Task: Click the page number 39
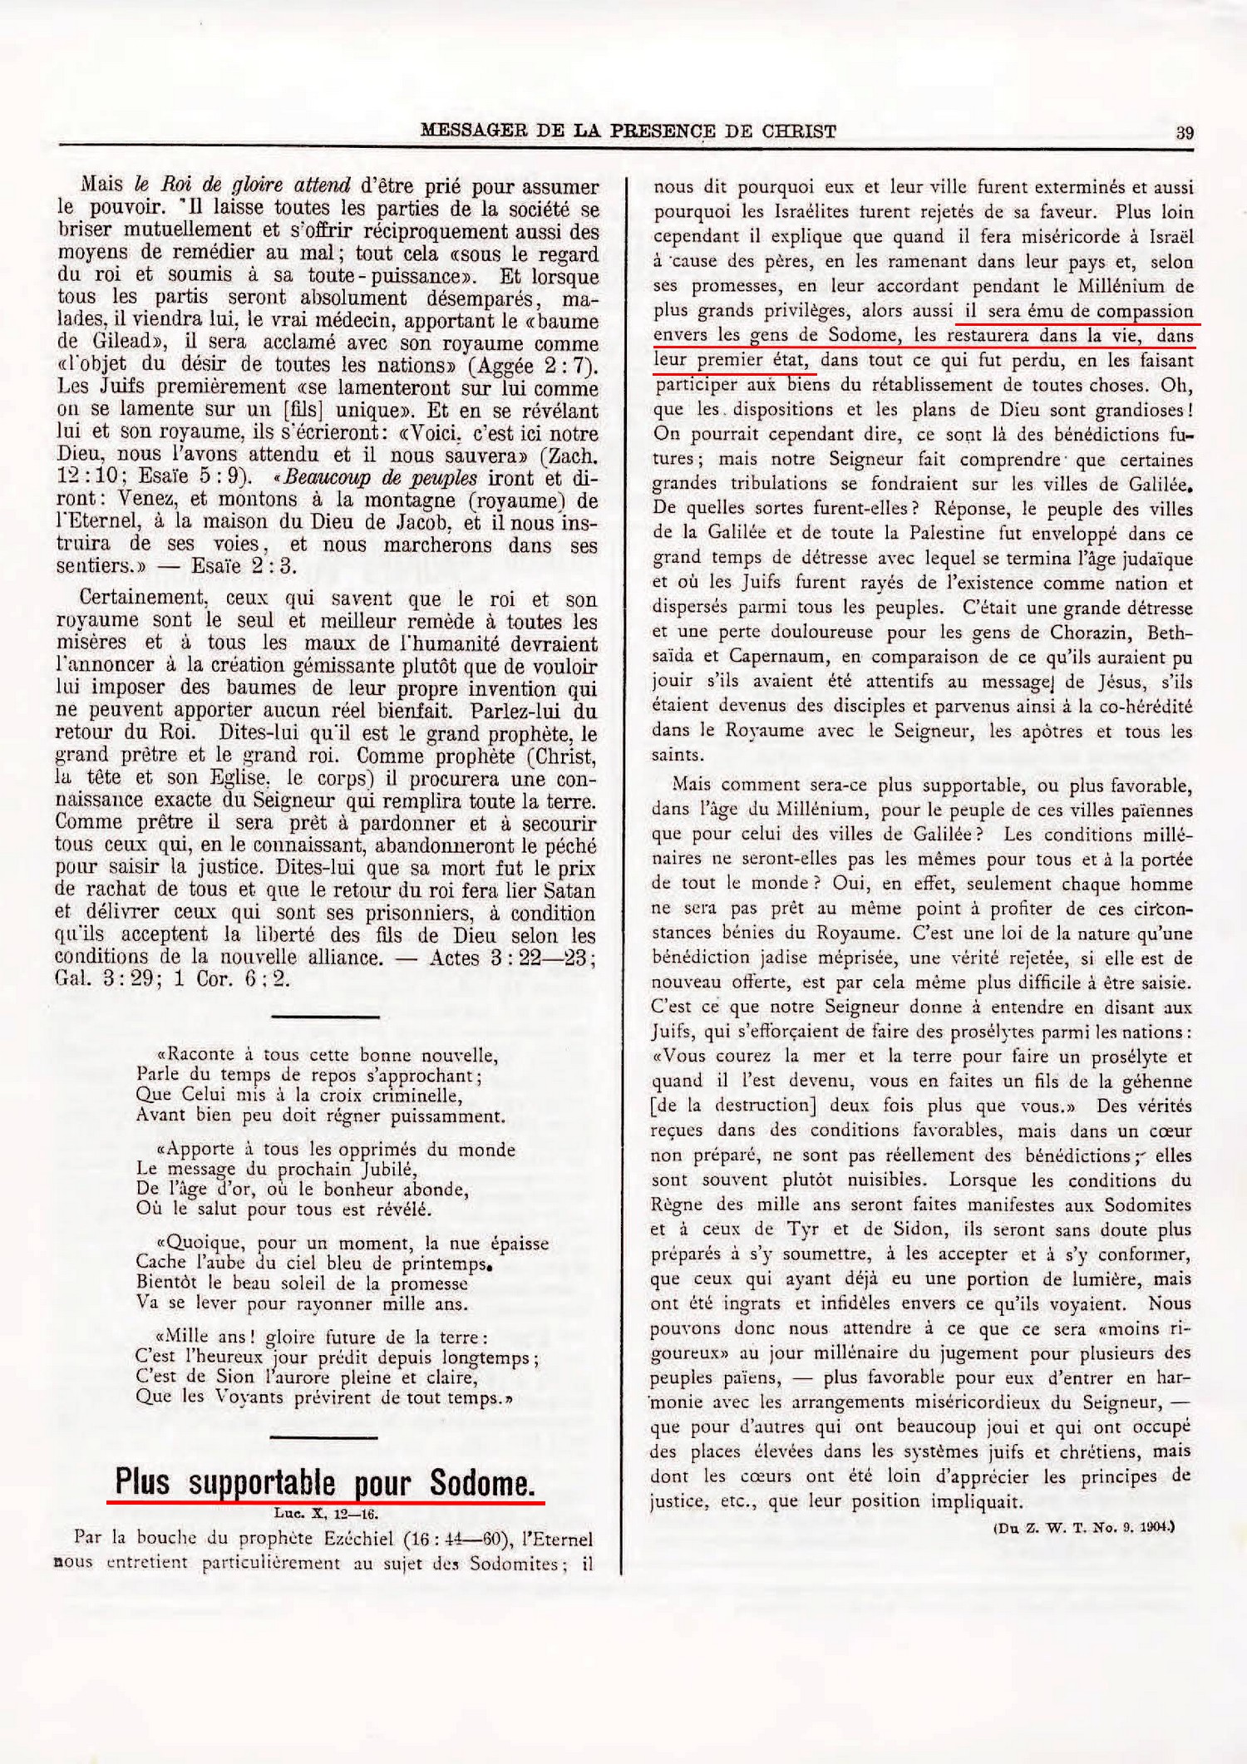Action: [x=1185, y=131]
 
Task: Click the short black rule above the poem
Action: [x=325, y=1016]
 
